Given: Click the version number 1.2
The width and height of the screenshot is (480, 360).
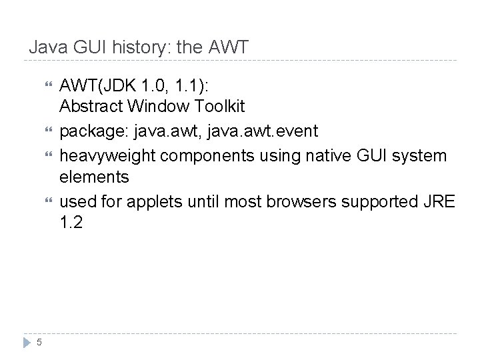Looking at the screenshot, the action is coord(71,223).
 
